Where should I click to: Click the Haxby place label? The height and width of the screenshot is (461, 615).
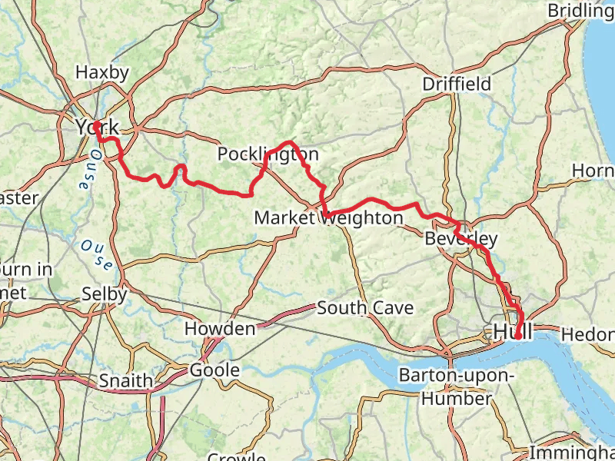101,72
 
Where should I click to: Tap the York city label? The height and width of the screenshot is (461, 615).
98,127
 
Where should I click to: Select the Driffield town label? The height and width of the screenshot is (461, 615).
457,84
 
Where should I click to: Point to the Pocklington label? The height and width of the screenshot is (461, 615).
268,154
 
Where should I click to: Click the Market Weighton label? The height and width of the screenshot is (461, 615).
328,218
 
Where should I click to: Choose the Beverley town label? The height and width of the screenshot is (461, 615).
461,238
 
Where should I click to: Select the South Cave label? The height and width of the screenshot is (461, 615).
365,308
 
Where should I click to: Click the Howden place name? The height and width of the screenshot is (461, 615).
220,330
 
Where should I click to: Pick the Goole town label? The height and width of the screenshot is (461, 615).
214,370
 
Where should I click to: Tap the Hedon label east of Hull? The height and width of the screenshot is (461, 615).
588,334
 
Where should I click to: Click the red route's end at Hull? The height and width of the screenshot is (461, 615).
519,336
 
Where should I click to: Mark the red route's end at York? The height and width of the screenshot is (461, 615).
98,124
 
